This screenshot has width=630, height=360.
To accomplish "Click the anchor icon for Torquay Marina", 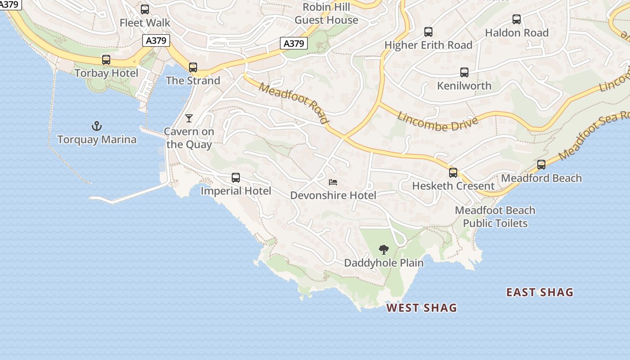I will (x=97, y=126).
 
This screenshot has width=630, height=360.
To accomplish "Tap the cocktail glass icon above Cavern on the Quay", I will (x=189, y=118).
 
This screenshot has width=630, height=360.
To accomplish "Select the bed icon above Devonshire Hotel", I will (x=333, y=182).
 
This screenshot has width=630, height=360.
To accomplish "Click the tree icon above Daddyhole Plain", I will (x=384, y=249).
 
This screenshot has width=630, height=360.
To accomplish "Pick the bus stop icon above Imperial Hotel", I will (x=236, y=178).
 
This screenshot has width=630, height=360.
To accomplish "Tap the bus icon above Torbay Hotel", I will (x=106, y=60).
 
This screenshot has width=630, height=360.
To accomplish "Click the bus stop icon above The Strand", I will (x=193, y=67).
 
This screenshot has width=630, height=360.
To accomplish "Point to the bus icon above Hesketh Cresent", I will (x=453, y=173).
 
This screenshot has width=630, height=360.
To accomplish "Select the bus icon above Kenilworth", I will (x=464, y=72).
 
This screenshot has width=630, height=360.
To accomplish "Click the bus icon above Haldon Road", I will (x=517, y=20).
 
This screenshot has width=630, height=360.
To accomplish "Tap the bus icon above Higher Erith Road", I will (x=428, y=32).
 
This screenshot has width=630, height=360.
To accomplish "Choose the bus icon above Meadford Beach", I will (x=541, y=165).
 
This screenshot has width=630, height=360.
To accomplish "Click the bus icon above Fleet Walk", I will (x=145, y=9).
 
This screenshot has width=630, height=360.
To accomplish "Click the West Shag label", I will (x=422, y=308).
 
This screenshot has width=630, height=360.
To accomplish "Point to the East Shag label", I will (x=540, y=292).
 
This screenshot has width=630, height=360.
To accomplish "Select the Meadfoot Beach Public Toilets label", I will (x=495, y=217).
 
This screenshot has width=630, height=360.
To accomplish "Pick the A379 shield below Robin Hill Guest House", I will (x=294, y=43).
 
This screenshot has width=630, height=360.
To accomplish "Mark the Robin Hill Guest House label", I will (x=326, y=13).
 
